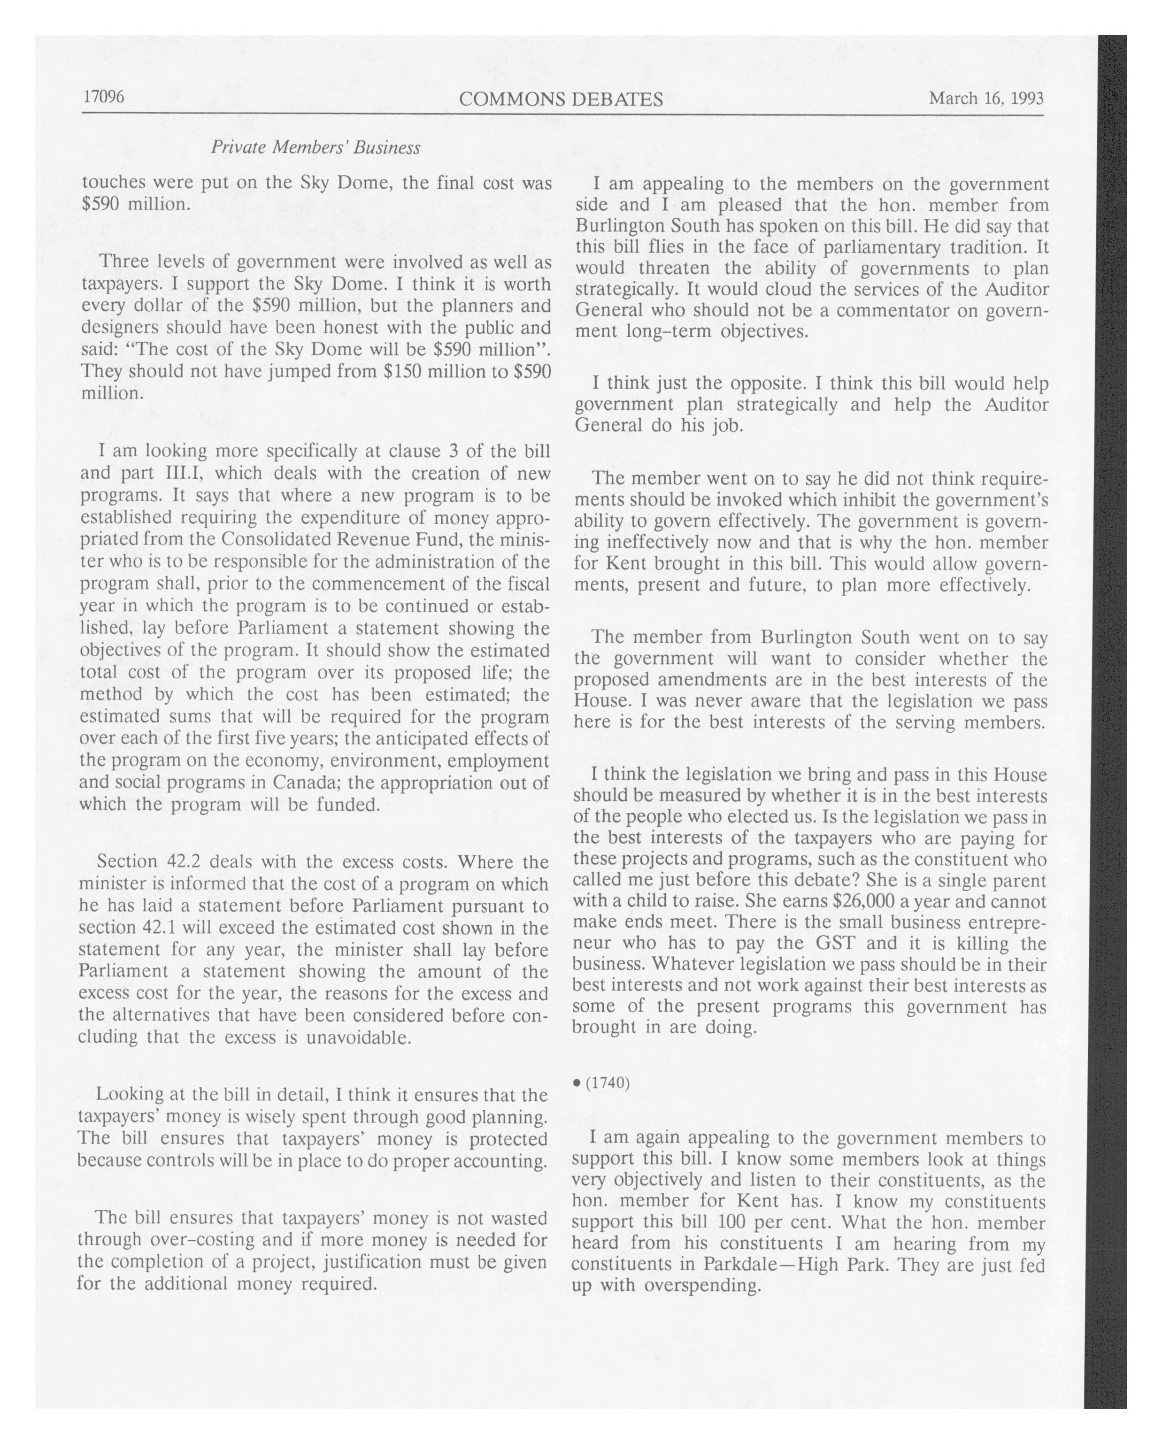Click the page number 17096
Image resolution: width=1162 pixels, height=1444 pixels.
(103, 97)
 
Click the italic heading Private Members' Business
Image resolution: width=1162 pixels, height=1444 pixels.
(316, 147)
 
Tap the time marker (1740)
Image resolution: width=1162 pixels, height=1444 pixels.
(608, 1083)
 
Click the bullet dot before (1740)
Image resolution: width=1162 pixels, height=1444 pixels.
(577, 1083)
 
